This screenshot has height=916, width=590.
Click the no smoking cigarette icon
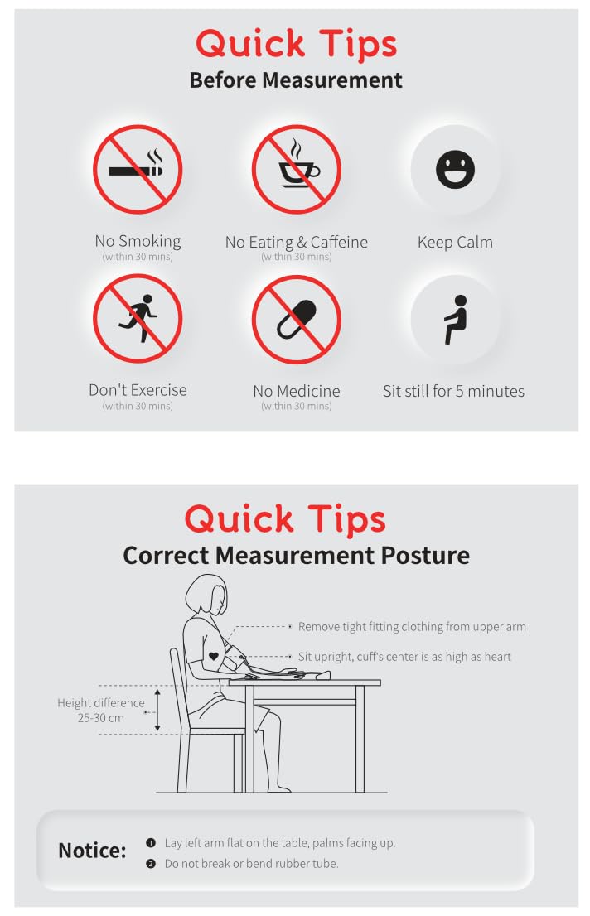point(138,170)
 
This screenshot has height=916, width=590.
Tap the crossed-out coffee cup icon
point(296,170)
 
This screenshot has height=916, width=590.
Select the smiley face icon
point(455,170)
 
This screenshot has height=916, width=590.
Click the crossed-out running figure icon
point(138,318)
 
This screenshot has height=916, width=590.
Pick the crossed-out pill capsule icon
point(296,320)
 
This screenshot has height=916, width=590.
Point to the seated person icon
point(456,319)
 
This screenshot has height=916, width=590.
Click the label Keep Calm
point(455,242)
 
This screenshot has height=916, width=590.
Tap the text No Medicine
point(297,391)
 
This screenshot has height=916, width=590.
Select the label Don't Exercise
point(138,389)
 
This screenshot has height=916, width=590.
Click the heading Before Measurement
point(296,80)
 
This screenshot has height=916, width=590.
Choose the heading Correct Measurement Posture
point(296,555)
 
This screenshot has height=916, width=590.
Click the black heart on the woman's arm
point(214,656)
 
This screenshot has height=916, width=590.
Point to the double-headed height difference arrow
point(157,710)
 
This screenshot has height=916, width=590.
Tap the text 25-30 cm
point(100,718)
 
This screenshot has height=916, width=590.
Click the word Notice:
point(92,850)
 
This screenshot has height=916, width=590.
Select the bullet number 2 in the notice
point(151,864)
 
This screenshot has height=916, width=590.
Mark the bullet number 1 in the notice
point(151,842)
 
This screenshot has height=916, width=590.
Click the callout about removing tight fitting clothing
point(412,627)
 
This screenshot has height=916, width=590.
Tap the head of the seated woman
point(206,595)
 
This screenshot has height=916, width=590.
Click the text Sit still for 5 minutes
point(454,391)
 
